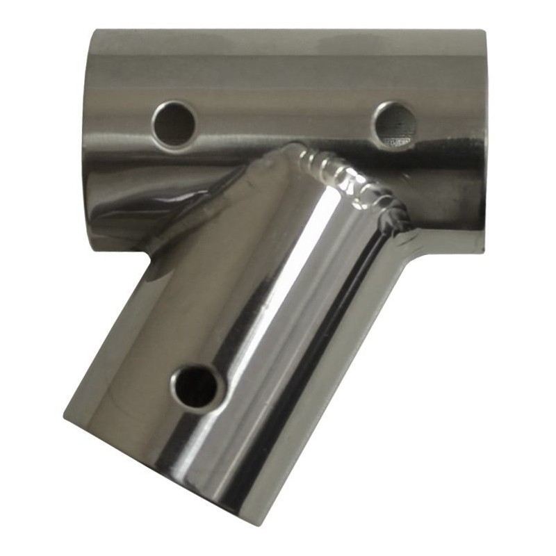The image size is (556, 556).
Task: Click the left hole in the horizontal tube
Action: tap(174, 124)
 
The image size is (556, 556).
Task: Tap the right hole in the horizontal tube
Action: tap(394, 124)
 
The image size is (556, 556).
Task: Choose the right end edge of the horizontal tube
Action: tap(484, 139)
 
